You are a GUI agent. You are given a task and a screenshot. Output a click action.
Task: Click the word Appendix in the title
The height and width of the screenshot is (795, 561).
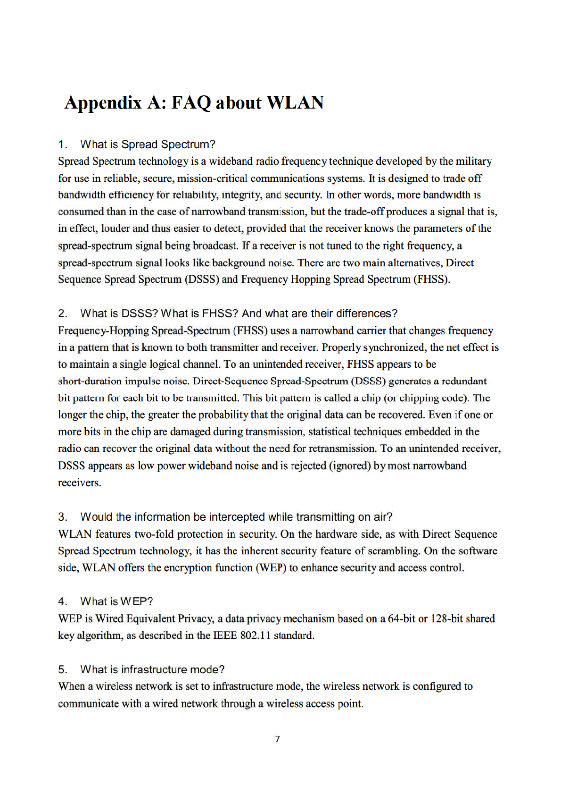103,103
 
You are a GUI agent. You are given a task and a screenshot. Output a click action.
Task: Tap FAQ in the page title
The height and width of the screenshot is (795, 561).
190,103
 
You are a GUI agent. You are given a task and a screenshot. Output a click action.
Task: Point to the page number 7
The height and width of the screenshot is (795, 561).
277,739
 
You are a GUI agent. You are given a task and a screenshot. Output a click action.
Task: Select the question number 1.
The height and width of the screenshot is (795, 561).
62,144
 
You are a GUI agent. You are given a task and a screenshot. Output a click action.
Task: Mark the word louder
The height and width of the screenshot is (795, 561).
115,228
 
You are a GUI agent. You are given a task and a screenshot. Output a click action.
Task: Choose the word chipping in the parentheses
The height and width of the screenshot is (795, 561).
419,398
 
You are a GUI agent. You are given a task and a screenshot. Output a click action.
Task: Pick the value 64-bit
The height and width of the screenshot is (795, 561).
402,618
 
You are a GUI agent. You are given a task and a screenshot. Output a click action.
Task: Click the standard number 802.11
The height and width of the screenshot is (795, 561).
256,635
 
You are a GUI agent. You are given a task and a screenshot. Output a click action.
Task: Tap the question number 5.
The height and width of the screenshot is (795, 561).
62,669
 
